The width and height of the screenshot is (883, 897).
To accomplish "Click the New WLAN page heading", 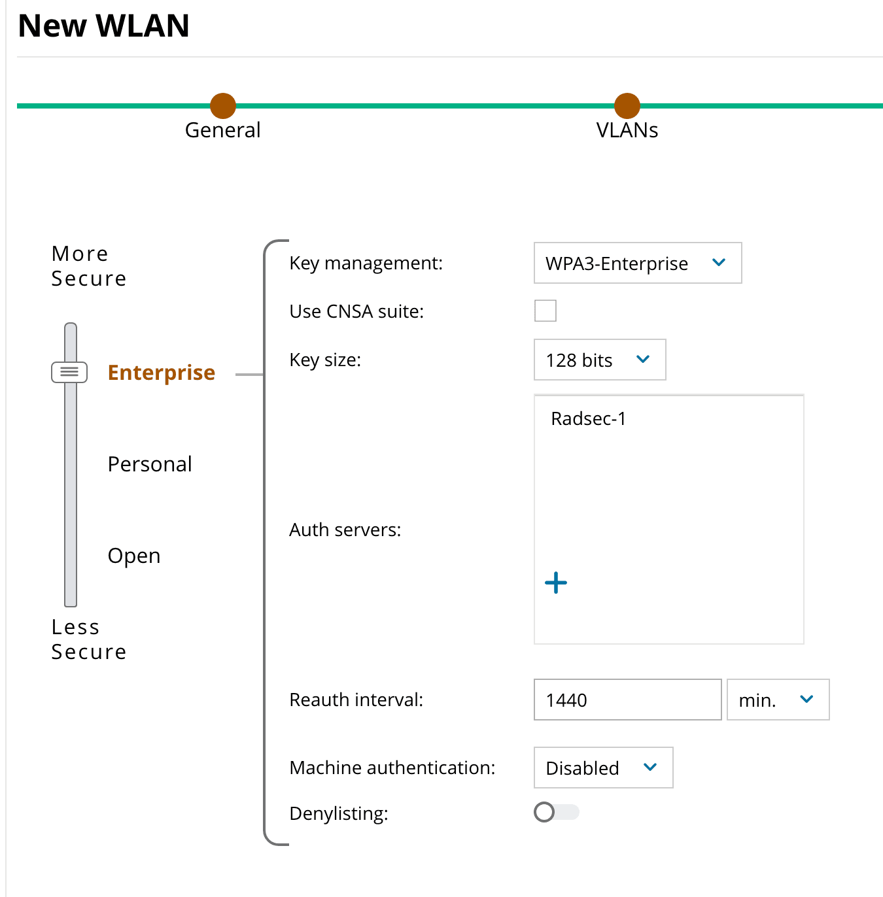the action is (x=103, y=25).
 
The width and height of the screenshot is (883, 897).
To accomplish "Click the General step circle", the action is (x=223, y=106).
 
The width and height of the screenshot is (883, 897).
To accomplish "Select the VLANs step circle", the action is (x=627, y=106).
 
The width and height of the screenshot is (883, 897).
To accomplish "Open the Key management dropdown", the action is (x=638, y=263).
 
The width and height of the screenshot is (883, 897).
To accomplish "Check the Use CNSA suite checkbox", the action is (x=545, y=311).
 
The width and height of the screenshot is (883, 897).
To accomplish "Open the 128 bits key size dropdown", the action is (x=600, y=360).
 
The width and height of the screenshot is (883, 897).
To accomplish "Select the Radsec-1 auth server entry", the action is (x=589, y=418).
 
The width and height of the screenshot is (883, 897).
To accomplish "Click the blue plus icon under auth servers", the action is (x=556, y=583).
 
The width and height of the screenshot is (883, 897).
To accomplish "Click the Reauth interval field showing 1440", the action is (x=628, y=700).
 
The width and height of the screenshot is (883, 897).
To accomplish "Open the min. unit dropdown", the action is (x=778, y=700).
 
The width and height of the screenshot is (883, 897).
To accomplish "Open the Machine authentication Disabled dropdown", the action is (x=604, y=768).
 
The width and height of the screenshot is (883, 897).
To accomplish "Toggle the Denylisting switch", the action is (x=557, y=812).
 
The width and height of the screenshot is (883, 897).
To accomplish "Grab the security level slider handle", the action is (x=69, y=373).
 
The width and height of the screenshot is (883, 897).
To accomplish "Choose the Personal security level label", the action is (x=150, y=464).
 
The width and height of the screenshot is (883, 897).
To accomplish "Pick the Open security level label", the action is (x=134, y=556).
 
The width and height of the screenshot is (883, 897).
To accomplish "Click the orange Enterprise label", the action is (x=162, y=373).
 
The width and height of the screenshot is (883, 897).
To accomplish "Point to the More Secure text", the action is (x=88, y=266).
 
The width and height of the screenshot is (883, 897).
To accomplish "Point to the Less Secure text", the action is (x=88, y=639).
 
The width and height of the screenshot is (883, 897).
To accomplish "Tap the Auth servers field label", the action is (x=345, y=530).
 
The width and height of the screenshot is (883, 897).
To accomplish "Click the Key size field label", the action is (x=325, y=360).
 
